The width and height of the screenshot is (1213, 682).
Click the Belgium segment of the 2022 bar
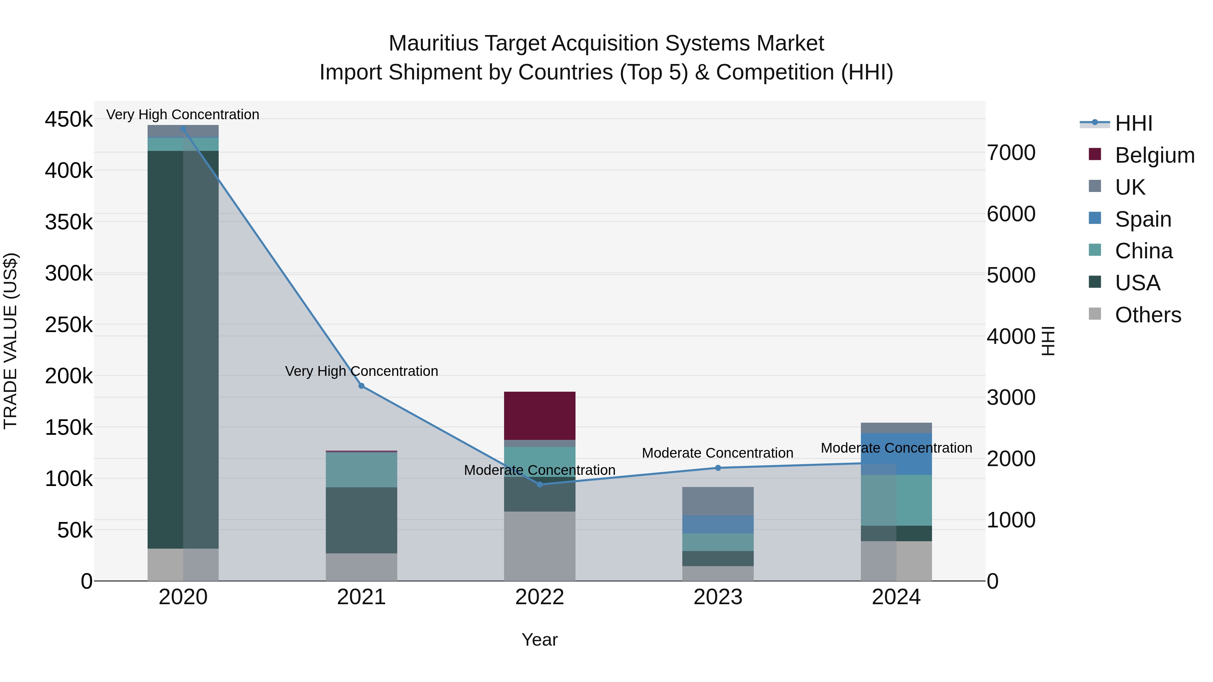[x=540, y=415]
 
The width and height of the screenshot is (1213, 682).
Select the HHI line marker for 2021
[x=361, y=386]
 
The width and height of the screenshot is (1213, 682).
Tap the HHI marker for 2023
[x=718, y=468]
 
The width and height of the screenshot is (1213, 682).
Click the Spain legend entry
[x=1143, y=219]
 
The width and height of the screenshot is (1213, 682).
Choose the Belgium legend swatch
[x=1095, y=154]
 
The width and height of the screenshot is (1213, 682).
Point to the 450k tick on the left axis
[x=69, y=120]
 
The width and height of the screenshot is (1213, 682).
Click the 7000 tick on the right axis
[x=1011, y=153]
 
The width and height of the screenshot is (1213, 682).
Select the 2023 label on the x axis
[x=718, y=597]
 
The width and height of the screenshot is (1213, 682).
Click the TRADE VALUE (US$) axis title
[x=11, y=341]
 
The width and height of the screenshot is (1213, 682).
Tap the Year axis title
[x=540, y=640]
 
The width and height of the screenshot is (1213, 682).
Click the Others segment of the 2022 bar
[x=540, y=546]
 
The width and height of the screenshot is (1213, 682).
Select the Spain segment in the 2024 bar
[x=896, y=454]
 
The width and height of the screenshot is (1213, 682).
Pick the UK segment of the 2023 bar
[x=718, y=501]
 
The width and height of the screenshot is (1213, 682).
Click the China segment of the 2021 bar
[x=361, y=469]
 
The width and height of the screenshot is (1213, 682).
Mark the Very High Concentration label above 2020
[x=183, y=115]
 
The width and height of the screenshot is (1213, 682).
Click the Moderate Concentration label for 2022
[x=540, y=470]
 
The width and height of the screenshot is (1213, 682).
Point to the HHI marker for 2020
[x=183, y=129]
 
